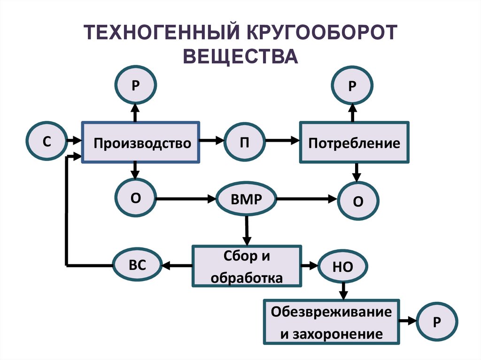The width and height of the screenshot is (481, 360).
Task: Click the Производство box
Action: (141, 142)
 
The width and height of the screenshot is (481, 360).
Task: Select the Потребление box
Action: (354, 142)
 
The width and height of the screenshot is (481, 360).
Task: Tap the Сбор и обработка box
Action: (246, 266)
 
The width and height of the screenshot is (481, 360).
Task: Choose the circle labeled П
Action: (244, 142)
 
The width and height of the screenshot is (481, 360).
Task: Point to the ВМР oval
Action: (246, 199)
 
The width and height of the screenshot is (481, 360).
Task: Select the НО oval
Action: (342, 267)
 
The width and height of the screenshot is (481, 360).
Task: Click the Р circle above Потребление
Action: (352, 86)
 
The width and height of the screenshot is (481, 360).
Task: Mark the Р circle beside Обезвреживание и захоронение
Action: (436, 322)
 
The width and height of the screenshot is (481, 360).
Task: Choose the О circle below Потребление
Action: (358, 201)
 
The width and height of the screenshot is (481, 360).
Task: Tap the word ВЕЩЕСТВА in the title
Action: (240, 56)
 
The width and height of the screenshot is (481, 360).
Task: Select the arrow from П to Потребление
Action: (282, 140)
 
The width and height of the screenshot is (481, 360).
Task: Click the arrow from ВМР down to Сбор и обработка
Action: (246, 230)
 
